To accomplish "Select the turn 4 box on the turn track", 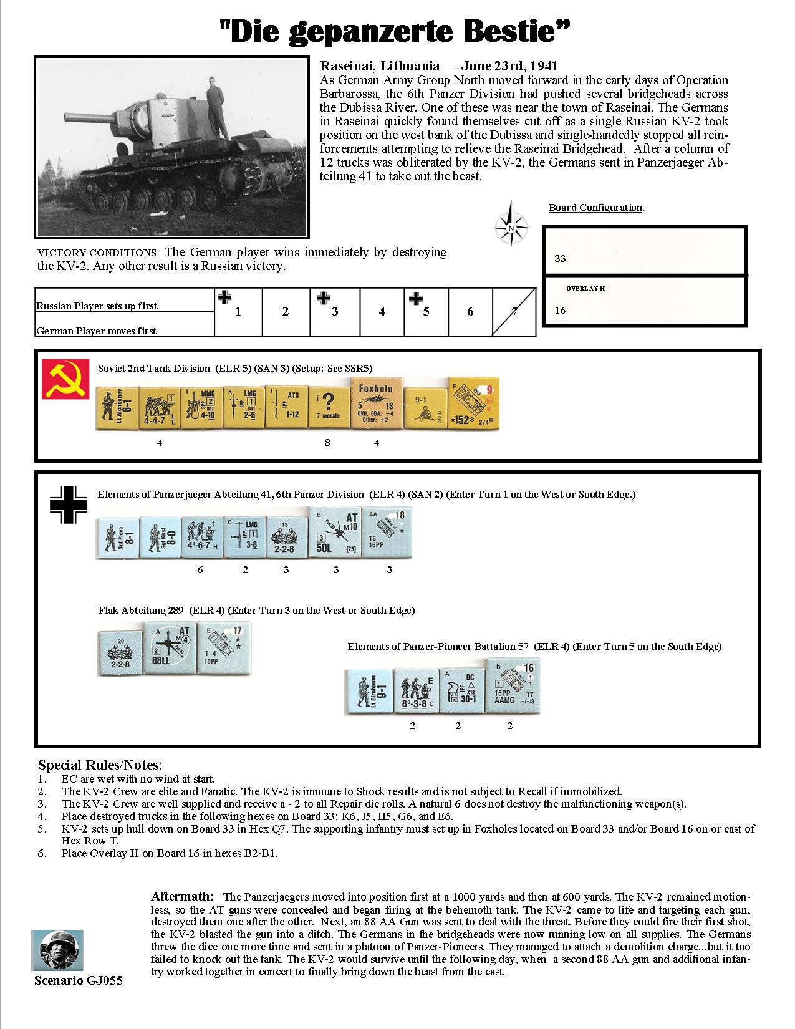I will pyautogui.click(x=382, y=311).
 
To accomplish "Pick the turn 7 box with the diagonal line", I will pyautogui.click(x=514, y=311).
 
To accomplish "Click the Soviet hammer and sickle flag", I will pyautogui.click(x=60, y=379).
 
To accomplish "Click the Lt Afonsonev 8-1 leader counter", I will pyautogui.click(x=117, y=407).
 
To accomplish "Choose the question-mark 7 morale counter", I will pyautogui.click(x=327, y=407).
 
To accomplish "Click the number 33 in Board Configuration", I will pyautogui.click(x=560, y=258).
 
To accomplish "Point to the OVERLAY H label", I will pyautogui.click(x=585, y=289).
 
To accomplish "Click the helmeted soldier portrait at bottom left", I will pyautogui.click(x=57, y=950).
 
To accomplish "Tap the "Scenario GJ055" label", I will pyautogui.click(x=79, y=981).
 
